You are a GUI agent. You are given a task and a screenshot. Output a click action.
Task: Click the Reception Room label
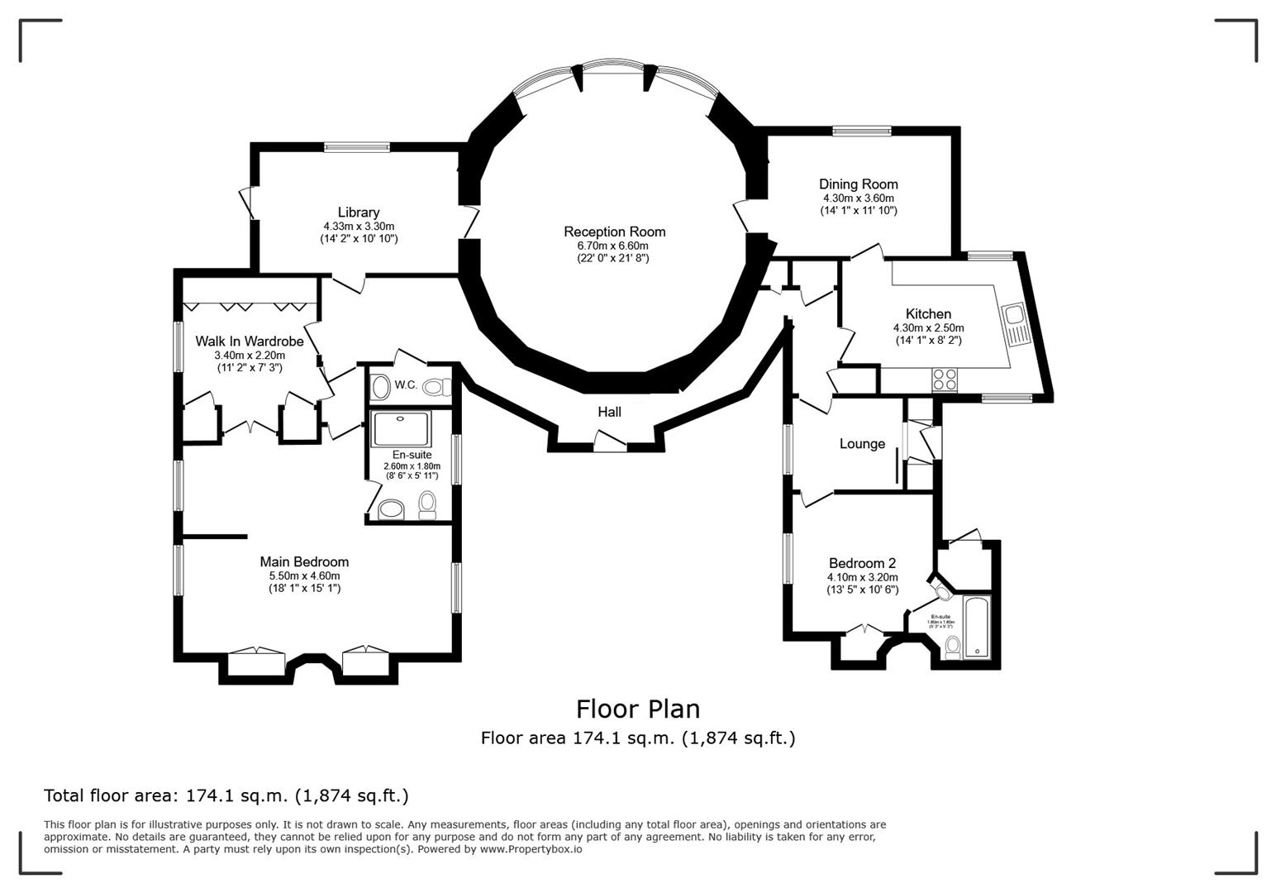tap(614, 232)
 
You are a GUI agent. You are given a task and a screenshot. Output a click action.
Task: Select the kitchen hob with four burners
tap(945, 379)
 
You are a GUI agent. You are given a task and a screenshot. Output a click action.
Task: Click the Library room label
tap(359, 213)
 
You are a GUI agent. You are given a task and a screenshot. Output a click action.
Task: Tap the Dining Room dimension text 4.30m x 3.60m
tap(858, 198)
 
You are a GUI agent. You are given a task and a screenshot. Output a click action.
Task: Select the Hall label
tap(609, 412)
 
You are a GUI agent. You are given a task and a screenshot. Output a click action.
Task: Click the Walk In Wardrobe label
tap(249, 341)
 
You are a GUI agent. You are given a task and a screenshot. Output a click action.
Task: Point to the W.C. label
tap(405, 385)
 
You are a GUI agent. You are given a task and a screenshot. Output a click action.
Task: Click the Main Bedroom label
tap(304, 562)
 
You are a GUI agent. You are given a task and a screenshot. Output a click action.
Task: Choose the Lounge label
tap(862, 444)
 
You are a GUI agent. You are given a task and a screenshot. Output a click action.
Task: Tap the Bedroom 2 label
tap(862, 564)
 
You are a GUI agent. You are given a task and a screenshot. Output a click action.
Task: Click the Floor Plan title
tap(637, 709)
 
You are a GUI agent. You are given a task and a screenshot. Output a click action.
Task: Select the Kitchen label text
tap(928, 314)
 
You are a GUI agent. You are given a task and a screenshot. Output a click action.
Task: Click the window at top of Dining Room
tap(861, 130)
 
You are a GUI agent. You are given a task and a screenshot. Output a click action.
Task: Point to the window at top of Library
tap(356, 147)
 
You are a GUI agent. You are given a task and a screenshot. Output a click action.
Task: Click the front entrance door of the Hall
tap(610, 447)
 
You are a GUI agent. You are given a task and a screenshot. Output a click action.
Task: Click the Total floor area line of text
tap(226, 795)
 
